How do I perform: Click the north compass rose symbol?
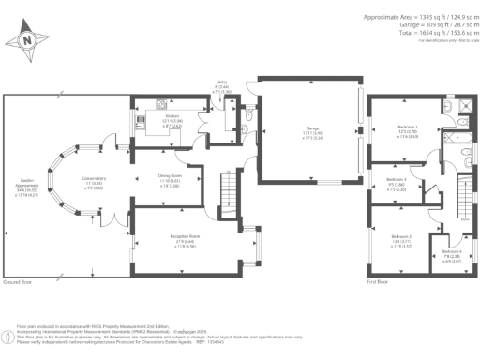click(x=28, y=39)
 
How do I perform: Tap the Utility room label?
click(x=221, y=87)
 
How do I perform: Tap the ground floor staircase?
click(x=225, y=196)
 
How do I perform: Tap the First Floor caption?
click(x=379, y=281)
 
